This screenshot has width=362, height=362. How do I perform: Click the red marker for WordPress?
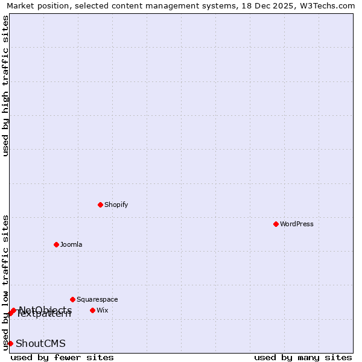pos(276,224)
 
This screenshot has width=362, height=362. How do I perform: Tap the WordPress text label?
pos(297,224)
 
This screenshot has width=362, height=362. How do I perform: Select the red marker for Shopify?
pos(100,205)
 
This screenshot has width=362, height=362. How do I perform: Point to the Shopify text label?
pos(116,205)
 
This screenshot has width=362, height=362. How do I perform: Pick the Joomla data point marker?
pos(56,244)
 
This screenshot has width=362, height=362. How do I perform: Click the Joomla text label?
pos(71,244)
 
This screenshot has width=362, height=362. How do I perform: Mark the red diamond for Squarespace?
pos(72,299)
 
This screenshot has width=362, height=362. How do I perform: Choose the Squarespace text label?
pos(97,299)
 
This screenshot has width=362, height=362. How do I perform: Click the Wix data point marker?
pos(92,310)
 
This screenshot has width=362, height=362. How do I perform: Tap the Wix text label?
pos(103,310)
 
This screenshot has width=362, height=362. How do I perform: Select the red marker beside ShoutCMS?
pos(10,343)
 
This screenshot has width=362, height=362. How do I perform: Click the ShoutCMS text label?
pos(40,343)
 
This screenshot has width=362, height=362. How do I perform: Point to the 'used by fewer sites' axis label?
pos(62,357)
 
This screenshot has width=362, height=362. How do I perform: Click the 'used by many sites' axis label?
pos(303,357)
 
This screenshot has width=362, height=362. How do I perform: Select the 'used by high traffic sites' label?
pos(5,86)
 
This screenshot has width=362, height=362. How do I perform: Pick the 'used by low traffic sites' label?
pos(5,282)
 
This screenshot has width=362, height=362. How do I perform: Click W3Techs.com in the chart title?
pos(329,5)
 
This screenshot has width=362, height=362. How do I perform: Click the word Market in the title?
pos(20,5)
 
